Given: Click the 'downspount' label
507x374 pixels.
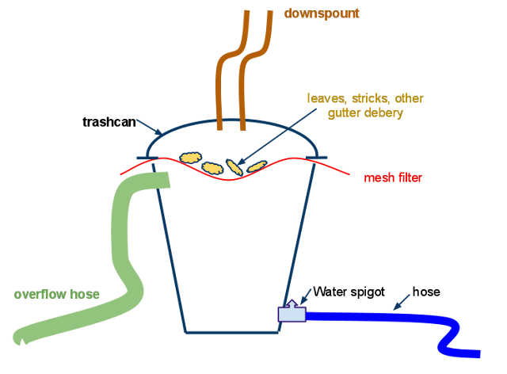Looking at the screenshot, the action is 322,13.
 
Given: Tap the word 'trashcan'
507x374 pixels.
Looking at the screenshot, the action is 109,122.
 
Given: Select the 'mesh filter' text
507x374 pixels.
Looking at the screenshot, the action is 393,177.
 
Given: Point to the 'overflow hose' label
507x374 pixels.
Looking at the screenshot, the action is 56,294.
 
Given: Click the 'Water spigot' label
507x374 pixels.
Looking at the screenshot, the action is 349,292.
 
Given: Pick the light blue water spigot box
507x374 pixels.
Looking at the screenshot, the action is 292,314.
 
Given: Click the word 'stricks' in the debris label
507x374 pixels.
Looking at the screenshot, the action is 370,98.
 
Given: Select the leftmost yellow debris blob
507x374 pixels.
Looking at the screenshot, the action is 190,158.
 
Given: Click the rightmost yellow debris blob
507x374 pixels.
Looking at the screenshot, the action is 257,166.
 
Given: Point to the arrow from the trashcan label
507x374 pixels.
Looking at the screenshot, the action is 149,127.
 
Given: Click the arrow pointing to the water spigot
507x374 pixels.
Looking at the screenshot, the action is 306,296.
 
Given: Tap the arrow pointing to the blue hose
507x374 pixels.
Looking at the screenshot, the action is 402,302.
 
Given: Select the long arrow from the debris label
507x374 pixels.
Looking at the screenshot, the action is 276,137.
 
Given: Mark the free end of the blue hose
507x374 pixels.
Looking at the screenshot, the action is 479,354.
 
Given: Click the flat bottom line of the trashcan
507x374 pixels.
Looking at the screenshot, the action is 232,332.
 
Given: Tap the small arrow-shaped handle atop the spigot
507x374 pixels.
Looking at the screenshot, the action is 292,303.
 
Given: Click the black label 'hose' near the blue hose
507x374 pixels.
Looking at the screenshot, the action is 426,292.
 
